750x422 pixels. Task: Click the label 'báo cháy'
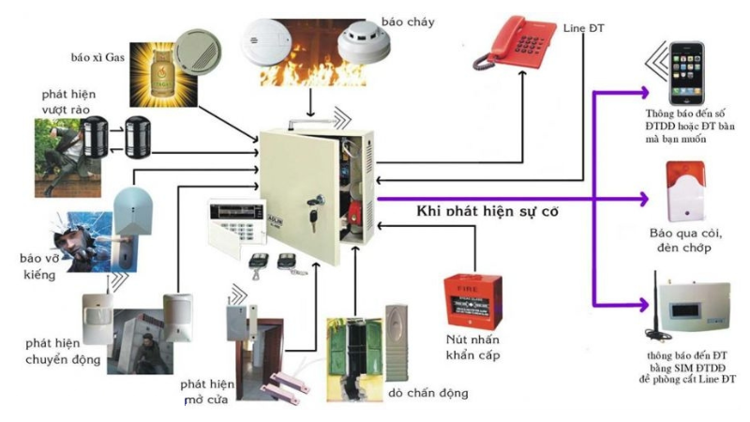click(x=400, y=20)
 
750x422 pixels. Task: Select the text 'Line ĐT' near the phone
click(x=584, y=29)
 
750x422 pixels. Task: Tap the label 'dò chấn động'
click(x=427, y=392)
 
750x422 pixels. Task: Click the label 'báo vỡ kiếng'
click(x=37, y=265)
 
